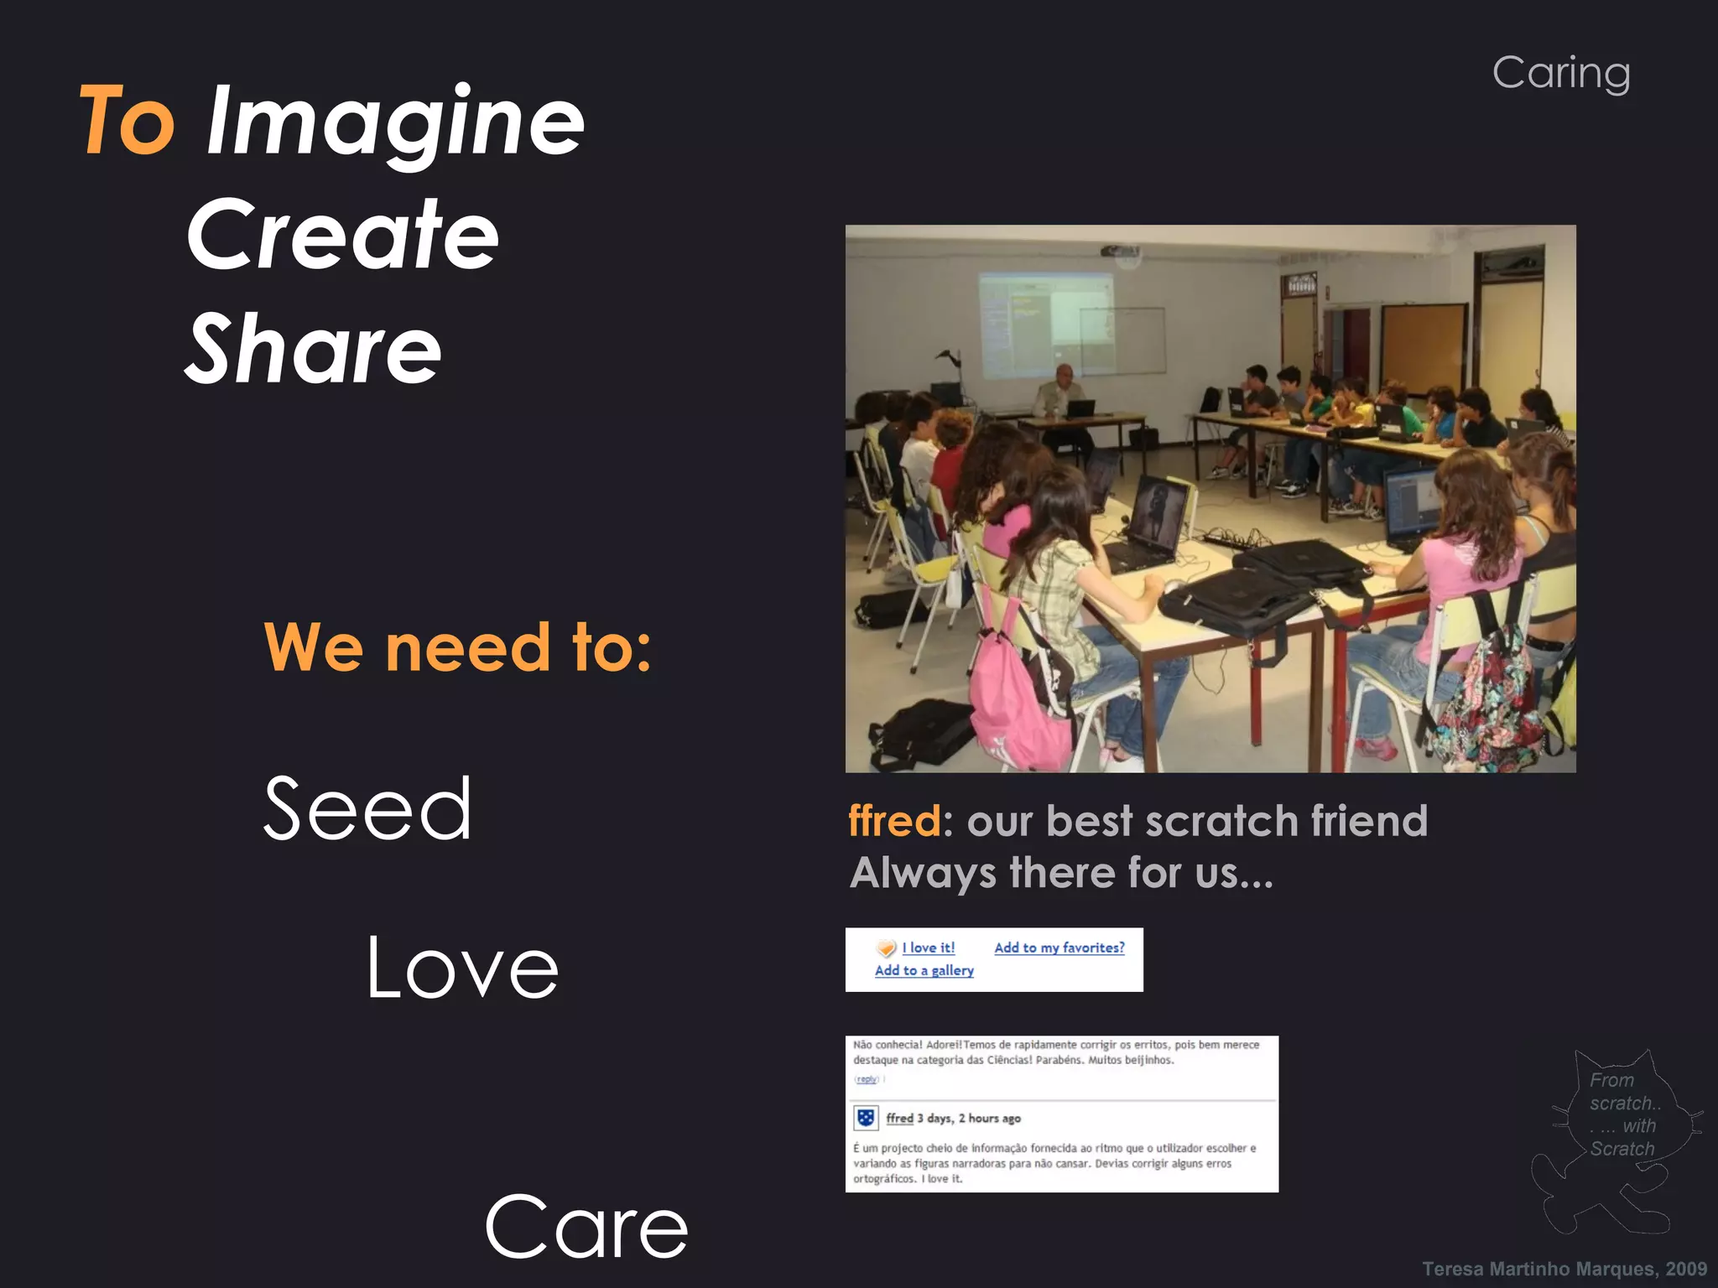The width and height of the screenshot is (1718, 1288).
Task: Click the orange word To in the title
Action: (128, 122)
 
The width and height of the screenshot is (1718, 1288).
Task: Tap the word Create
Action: (342, 236)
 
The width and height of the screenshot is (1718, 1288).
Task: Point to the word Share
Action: (313, 350)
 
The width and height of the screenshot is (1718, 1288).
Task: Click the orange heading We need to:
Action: (458, 647)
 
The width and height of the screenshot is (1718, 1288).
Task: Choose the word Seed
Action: (367, 809)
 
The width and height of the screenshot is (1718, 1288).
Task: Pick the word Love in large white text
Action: (462, 969)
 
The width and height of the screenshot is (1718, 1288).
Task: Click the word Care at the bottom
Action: (586, 1228)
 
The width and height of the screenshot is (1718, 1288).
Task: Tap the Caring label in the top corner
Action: (1561, 74)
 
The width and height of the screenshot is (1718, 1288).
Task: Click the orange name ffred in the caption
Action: (894, 820)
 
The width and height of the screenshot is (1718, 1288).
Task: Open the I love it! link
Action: (929, 948)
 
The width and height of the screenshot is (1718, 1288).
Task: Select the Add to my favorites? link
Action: (1059, 948)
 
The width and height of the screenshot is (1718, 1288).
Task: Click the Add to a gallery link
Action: (924, 970)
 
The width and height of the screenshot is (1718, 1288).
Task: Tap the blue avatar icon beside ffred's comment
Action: (866, 1118)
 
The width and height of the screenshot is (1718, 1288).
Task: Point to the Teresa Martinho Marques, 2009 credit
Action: (1564, 1269)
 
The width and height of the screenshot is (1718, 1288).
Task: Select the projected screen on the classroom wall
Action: (1045, 323)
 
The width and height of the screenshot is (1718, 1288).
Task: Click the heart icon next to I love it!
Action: (886, 948)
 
